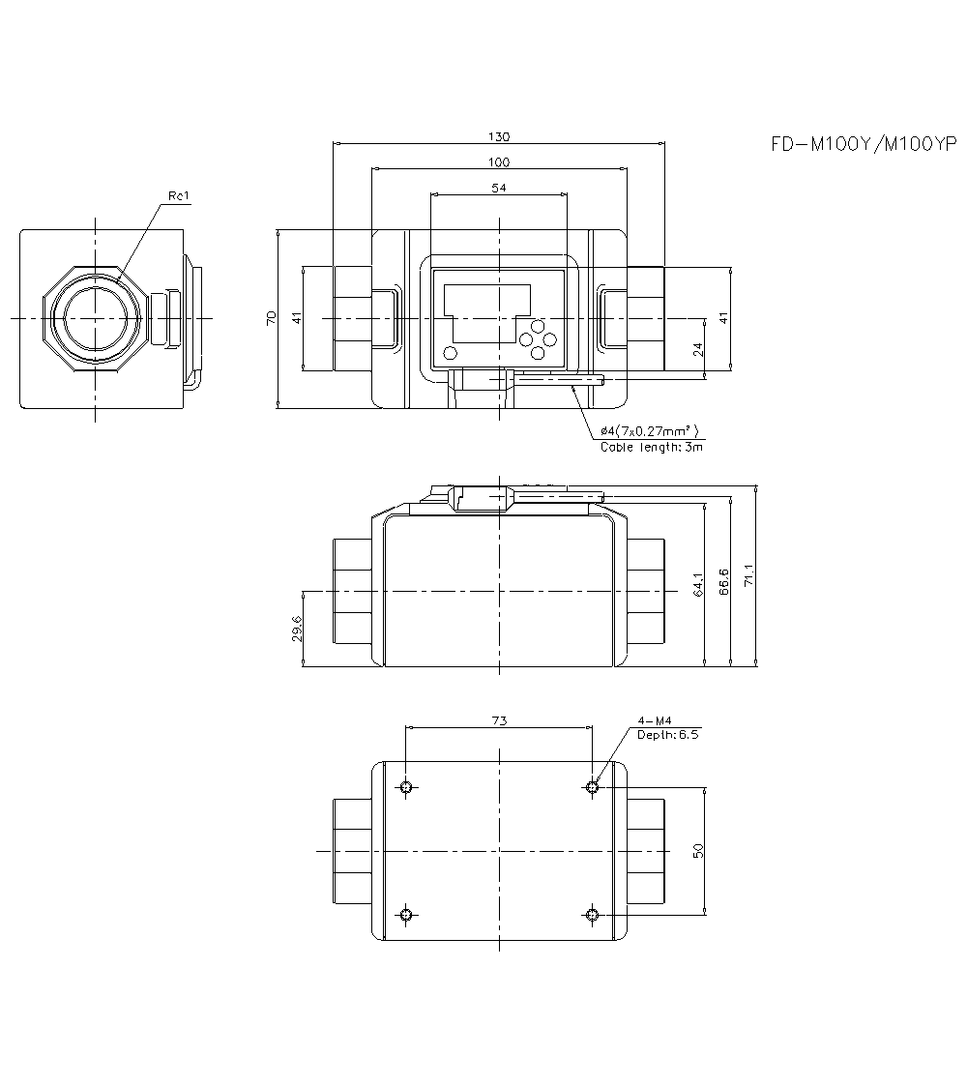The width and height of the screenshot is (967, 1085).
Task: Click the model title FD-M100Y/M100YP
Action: point(863,145)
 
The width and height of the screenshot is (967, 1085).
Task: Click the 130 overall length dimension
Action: point(499,136)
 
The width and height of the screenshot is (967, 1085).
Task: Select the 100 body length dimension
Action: point(499,161)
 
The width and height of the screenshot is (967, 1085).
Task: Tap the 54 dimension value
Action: point(499,188)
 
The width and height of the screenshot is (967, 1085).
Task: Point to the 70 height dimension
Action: point(272,318)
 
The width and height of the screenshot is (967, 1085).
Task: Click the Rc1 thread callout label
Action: point(180,196)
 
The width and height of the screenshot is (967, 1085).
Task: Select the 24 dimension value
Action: point(699,350)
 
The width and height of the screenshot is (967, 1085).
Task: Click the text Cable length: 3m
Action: point(651,447)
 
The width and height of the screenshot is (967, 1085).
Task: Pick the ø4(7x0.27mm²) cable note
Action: point(649,431)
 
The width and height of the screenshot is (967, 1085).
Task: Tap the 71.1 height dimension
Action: point(748,576)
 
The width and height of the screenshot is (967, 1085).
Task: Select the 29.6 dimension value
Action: point(297,629)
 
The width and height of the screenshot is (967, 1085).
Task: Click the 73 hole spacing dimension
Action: point(499,720)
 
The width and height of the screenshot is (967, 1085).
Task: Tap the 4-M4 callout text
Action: point(654,720)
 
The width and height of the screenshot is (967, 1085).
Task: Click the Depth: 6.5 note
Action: point(667,734)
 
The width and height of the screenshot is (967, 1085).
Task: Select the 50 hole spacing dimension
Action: point(699,850)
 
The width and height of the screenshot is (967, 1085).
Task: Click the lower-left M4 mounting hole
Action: point(406,915)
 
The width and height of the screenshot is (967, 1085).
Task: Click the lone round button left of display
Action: point(449,351)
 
